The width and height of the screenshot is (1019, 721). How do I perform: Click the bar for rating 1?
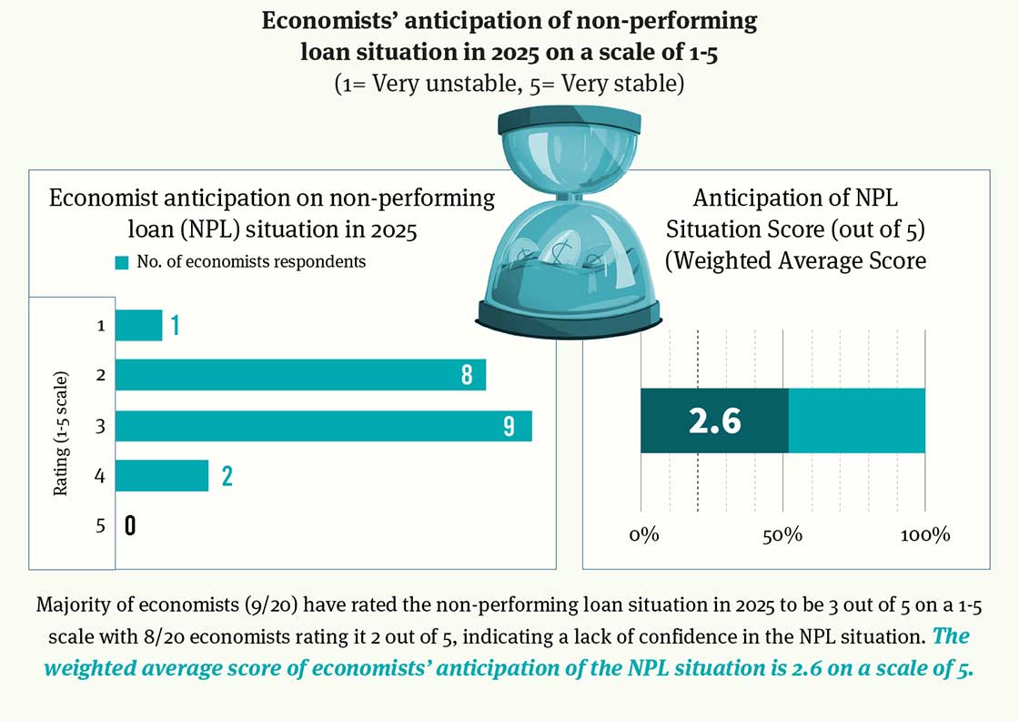coord(138,325)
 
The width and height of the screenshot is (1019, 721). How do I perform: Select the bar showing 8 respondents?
coord(300,375)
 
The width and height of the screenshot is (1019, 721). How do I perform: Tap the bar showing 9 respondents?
coord(323,426)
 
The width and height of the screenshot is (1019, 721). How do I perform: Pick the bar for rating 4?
coord(162,475)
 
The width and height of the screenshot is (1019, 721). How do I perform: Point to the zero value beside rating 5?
coord(130,525)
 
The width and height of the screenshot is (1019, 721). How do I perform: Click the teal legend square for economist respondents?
coord(121,262)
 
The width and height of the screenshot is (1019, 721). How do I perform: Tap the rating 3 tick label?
coord(101,426)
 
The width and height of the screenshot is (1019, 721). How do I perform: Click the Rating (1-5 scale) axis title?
coord(61,433)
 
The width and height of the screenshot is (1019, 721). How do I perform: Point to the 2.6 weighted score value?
coord(715,421)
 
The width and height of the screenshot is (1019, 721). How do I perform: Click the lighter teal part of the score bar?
coord(856,421)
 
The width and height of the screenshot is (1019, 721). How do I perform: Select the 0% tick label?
coord(643,534)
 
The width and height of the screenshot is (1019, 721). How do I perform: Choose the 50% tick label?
coord(782,534)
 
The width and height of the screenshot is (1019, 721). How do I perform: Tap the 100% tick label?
coord(925,534)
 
